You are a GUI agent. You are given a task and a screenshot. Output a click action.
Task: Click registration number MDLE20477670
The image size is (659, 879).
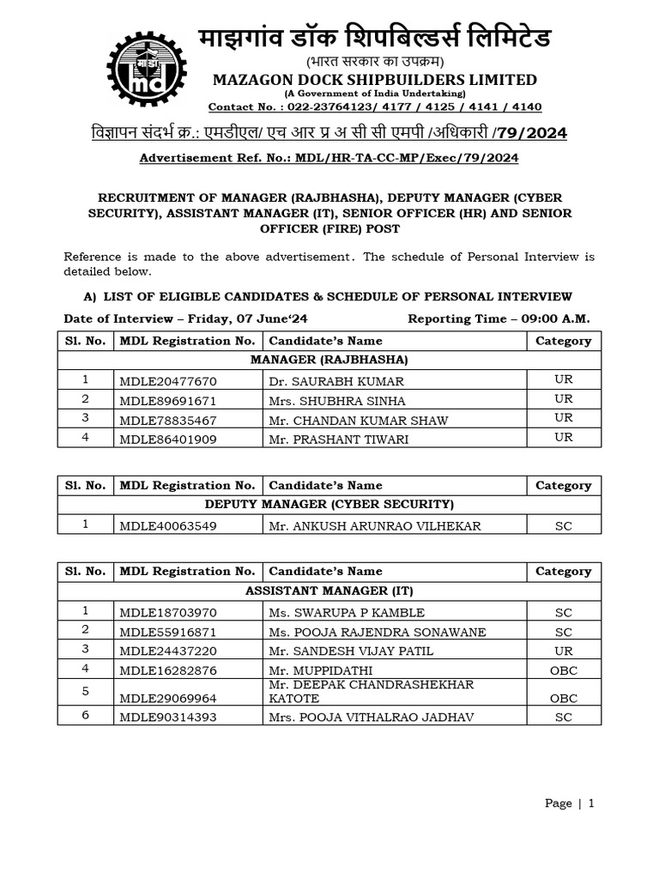[168, 381]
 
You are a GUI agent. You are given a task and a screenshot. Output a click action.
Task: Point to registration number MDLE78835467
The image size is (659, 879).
[168, 421]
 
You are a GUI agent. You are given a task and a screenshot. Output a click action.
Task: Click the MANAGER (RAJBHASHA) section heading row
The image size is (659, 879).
[329, 360]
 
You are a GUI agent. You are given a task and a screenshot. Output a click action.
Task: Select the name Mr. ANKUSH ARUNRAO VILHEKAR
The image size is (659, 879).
[375, 525]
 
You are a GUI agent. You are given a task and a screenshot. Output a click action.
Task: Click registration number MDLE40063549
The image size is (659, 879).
[168, 525]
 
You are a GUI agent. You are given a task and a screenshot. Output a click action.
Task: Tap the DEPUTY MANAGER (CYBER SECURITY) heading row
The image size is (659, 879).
[329, 505]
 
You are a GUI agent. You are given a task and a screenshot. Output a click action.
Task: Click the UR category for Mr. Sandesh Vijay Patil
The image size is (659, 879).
[563, 651]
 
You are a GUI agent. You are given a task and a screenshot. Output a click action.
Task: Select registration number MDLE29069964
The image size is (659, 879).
[168, 699]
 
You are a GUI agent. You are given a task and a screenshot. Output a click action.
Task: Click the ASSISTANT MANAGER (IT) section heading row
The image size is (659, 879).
[329, 591]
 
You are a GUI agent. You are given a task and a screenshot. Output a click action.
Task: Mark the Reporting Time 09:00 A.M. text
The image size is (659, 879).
[499, 318]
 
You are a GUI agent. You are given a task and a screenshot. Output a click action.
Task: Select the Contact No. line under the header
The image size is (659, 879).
[375, 106]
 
